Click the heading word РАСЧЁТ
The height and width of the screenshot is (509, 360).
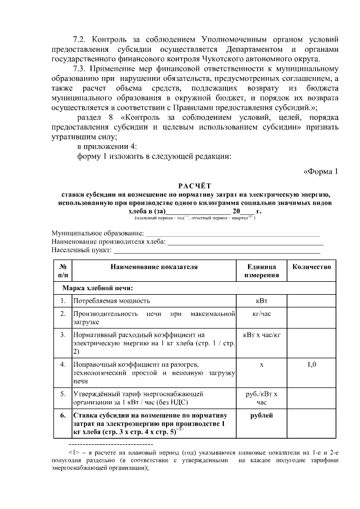(195, 185)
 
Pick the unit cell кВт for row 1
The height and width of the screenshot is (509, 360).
(262, 301)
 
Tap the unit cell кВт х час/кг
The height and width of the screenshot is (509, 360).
(262, 336)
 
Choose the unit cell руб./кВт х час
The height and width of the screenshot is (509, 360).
(262, 398)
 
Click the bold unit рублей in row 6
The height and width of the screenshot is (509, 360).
(262, 416)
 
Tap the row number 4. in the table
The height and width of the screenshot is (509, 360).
(63, 364)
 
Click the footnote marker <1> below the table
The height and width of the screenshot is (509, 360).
(73, 452)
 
